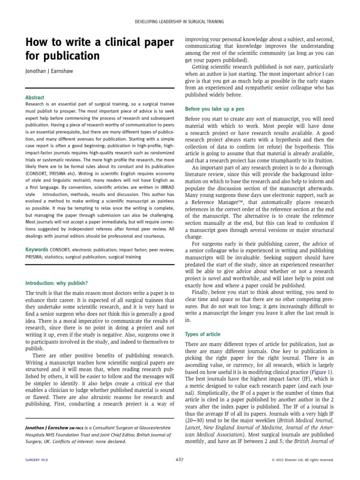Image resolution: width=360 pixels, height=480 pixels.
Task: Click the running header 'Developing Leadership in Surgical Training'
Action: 180,22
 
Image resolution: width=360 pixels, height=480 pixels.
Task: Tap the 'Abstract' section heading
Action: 35,97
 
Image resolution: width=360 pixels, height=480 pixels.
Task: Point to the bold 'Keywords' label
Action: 37,249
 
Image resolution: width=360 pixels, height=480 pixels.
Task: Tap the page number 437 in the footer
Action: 180,459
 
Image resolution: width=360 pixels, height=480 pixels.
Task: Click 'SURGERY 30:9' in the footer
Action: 38,460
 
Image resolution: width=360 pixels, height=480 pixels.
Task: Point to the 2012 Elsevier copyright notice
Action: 302,460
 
